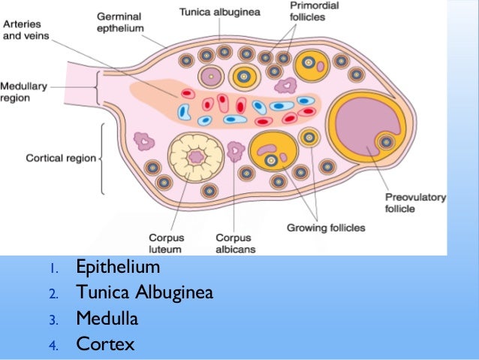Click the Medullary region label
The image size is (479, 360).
pyautogui.click(x=25, y=92)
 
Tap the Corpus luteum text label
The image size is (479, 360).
pyautogui.click(x=167, y=241)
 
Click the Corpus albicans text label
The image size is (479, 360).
pyautogui.click(x=233, y=241)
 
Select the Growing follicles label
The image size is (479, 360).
pyautogui.click(x=325, y=227)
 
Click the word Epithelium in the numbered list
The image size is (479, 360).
pyautogui.click(x=118, y=268)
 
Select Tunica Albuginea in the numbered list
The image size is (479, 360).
pyautogui.click(x=144, y=293)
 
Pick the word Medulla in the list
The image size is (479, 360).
pyautogui.click(x=107, y=319)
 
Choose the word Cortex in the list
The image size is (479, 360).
pyautogui.click(x=104, y=344)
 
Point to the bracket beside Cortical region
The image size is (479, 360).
pyautogui.click(x=101, y=158)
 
